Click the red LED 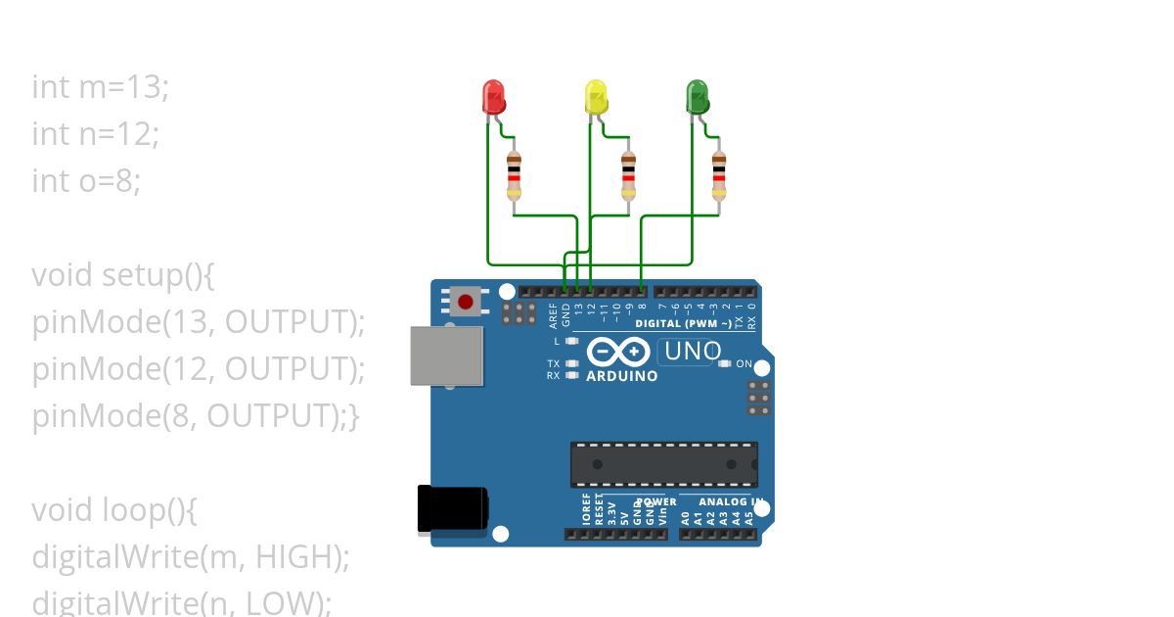tap(494, 97)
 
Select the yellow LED tap(595, 97)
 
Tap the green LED tap(697, 97)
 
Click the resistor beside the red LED tap(515, 176)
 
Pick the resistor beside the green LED tap(719, 176)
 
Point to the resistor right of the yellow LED tap(628, 176)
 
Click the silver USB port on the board tap(447, 356)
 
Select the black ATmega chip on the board tap(664, 463)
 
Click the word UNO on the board tap(692, 351)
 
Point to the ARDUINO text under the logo tap(621, 375)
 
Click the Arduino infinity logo tap(618, 352)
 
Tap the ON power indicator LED tap(724, 364)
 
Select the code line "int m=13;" tap(101, 87)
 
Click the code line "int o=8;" tap(86, 181)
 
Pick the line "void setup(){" tap(122, 275)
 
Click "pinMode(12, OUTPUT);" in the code tap(199, 369)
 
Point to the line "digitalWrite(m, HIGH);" tap(191, 557)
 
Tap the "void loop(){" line tap(114, 510)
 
